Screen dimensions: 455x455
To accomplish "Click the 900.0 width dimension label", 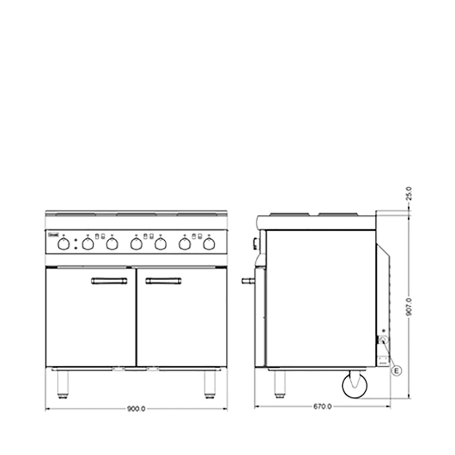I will click(x=136, y=409).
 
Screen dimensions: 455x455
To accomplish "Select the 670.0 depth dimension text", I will click(x=323, y=406).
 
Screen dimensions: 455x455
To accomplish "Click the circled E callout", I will click(x=397, y=371).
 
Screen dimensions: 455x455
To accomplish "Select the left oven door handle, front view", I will click(x=109, y=281).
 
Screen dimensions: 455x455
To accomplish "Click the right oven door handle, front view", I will click(x=163, y=281).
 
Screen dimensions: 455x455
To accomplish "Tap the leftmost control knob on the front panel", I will click(x=64, y=244).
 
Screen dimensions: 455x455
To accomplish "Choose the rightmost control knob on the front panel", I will click(x=208, y=244).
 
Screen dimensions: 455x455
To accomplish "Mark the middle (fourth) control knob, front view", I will click(x=136, y=244).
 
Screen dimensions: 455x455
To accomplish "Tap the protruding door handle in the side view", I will click(x=248, y=281).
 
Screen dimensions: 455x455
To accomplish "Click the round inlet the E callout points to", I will click(x=383, y=339).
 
